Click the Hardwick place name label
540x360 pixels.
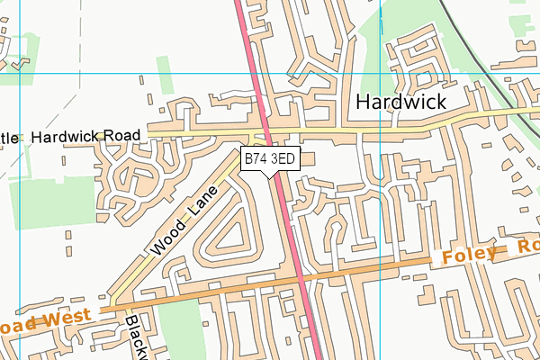pyautogui.click(x=400, y=103)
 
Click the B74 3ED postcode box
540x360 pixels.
pyautogui.click(x=270, y=158)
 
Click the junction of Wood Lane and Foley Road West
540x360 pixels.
pyautogui.click(x=115, y=306)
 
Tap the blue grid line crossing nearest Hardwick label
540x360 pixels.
pyautogui.click(x=381, y=72)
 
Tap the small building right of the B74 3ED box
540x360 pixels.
pyautogui.click(x=308, y=159)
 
